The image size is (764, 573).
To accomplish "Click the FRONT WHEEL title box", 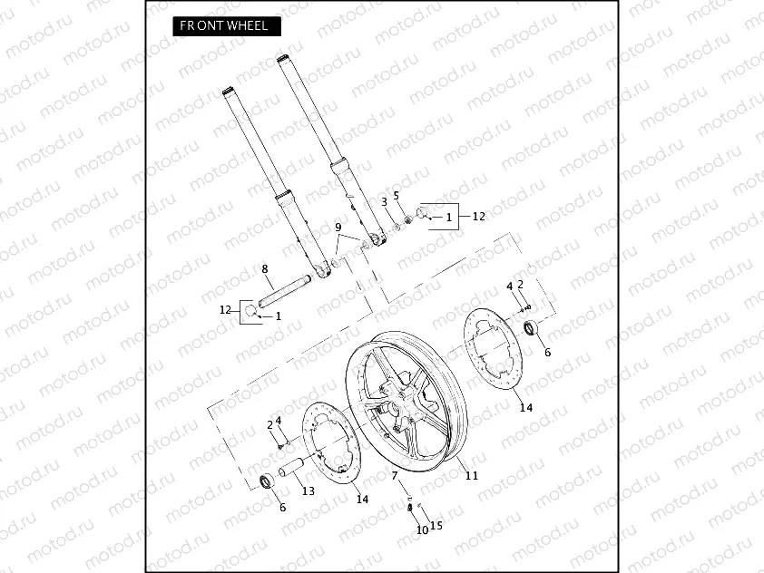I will click(x=225, y=25).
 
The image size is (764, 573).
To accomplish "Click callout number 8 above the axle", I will click(x=264, y=268).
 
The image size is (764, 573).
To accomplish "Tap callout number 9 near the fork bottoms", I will click(x=338, y=227).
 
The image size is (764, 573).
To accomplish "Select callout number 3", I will click(x=384, y=200).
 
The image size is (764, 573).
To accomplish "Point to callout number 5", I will click(x=396, y=195).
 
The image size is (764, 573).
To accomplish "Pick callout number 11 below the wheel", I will click(x=470, y=475).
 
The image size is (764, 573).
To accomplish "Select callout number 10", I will click(x=422, y=529).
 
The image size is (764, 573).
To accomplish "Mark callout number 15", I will click(x=437, y=525).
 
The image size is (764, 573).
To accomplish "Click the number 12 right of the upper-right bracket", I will click(x=479, y=217).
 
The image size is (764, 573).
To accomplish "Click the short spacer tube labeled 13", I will click(x=295, y=471).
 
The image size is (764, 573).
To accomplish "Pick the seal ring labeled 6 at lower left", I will click(x=268, y=481).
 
